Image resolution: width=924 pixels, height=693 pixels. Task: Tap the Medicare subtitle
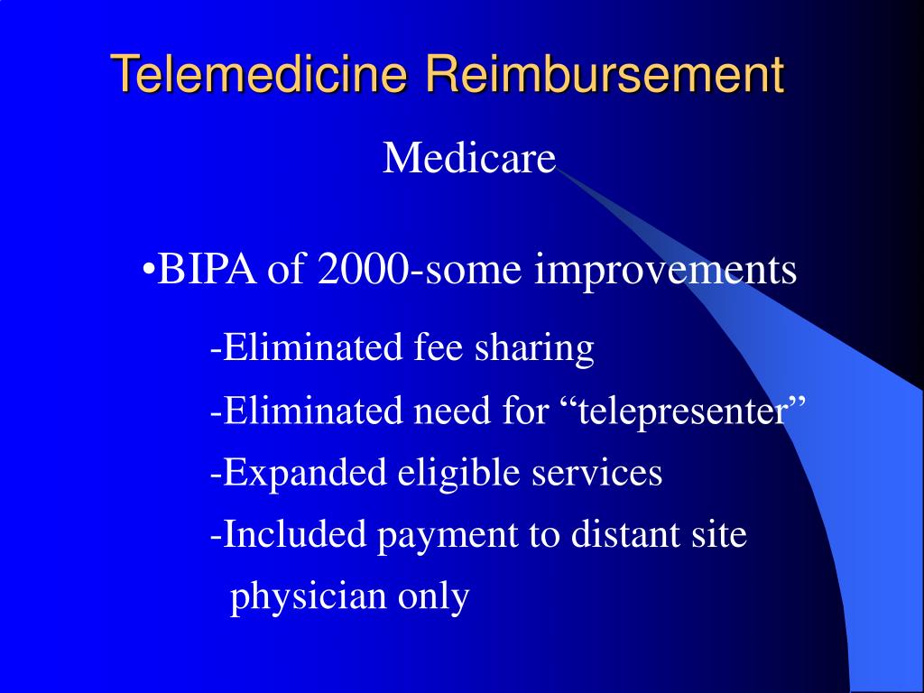pos(469,160)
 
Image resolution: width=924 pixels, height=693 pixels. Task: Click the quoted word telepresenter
pos(682,412)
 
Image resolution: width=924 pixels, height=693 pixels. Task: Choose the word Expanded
pos(302,472)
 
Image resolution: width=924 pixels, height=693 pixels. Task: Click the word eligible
pos(447,472)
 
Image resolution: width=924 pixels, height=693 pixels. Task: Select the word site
pos(721,535)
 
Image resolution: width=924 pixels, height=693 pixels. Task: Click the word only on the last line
pos(433,597)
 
